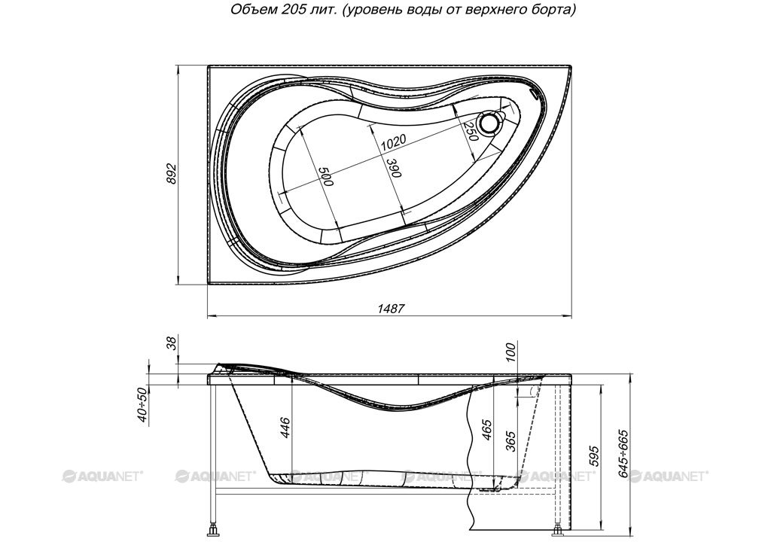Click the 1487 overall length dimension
tap(391, 309)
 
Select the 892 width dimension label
tap(172, 173)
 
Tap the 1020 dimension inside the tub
tap(394, 142)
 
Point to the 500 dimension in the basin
tap(325, 177)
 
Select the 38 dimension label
tap(172, 343)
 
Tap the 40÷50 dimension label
tap(142, 405)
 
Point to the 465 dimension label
tap(487, 429)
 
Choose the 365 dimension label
tap(511, 441)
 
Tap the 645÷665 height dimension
tap(623, 454)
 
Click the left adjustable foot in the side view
tap(213, 530)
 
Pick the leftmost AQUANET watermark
tap(102, 476)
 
